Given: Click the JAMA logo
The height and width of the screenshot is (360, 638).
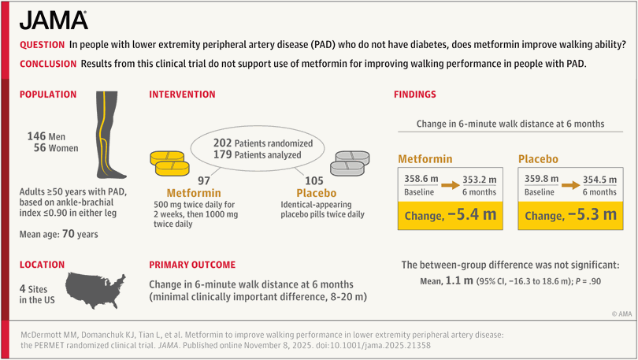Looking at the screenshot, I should pos(54,20).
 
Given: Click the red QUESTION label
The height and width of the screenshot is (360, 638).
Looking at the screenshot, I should pos(42,46).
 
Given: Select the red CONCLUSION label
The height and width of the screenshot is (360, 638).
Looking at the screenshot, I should pos(47,63).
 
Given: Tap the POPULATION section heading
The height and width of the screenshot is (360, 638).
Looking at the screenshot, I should pos(48,95).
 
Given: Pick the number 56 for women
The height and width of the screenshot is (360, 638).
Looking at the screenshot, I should pos(41,147).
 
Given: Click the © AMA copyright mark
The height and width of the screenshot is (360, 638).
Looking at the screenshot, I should pos(619,313).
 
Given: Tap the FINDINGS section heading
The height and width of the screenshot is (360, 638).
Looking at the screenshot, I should pos(415,95).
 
